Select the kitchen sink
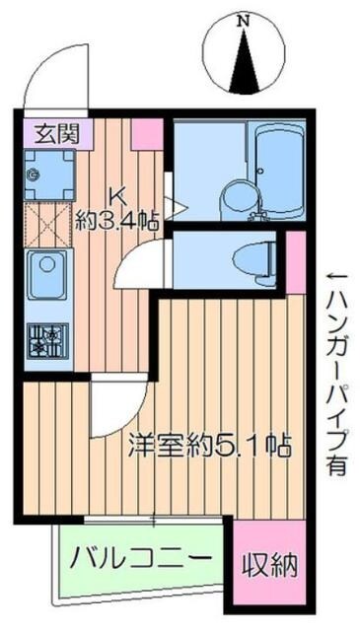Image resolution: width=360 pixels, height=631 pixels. tap(45, 274)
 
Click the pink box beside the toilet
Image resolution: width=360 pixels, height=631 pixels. tap(295, 261)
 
